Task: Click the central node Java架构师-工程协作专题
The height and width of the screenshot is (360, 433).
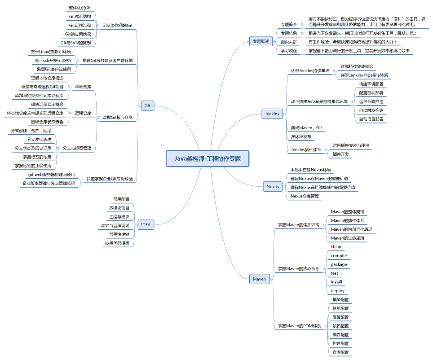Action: point(207,158)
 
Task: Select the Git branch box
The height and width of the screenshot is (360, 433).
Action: point(147,106)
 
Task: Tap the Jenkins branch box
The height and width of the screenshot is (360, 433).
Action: point(272,114)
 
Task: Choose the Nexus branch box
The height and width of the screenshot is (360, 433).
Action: point(272,186)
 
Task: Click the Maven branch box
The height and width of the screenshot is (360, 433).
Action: point(259,279)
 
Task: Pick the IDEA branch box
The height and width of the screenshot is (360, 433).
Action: point(146,224)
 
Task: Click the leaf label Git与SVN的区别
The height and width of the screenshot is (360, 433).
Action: point(75,43)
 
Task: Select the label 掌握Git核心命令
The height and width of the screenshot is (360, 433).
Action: point(118,117)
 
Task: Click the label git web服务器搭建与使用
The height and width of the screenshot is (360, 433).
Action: point(52,175)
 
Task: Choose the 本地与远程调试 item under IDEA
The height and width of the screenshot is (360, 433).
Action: point(115,225)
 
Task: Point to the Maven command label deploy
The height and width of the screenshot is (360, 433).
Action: point(337,290)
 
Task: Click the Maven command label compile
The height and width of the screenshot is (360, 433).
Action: point(339,255)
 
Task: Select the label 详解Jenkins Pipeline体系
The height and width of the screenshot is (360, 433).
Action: point(364,75)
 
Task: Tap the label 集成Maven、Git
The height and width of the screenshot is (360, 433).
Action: point(306,128)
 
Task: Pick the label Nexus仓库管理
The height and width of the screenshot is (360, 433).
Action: point(305,196)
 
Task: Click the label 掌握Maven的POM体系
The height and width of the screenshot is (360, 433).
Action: point(299,325)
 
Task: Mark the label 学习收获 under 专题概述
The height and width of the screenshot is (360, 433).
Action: point(289,51)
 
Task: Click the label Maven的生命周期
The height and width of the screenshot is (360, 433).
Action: point(347,238)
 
